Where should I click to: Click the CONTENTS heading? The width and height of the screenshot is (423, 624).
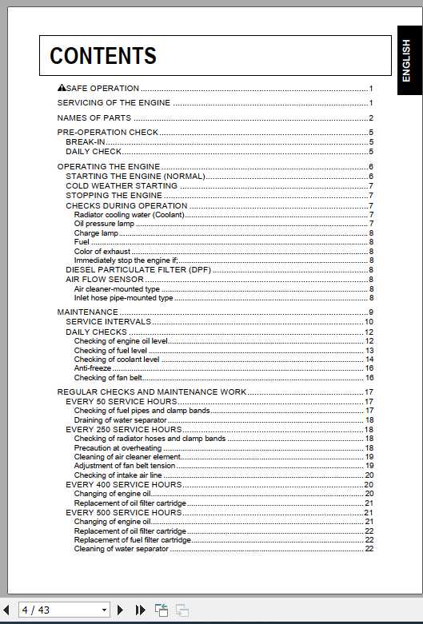coord(103,56)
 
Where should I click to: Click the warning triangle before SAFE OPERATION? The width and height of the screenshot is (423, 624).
coord(62,88)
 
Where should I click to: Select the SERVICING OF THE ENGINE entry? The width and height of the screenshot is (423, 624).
coord(114,103)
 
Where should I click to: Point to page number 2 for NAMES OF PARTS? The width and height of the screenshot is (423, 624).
coord(371,118)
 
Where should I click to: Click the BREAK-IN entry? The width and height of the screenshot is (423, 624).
coord(85,141)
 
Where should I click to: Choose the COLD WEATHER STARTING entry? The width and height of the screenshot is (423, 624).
coord(121,185)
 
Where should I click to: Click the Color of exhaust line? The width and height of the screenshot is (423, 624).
coord(102,251)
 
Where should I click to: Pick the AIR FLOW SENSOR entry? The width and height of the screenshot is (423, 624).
coord(104,280)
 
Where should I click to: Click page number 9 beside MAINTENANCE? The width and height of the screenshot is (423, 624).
coord(371,312)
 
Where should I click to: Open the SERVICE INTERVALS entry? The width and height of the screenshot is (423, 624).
coord(108,321)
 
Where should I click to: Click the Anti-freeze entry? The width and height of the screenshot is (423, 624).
coord(93,368)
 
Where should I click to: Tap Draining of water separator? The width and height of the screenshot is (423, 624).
coord(120,419)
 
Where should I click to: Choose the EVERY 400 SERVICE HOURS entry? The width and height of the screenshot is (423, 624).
coord(123,484)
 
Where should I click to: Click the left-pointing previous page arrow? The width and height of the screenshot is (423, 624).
coord(6,610)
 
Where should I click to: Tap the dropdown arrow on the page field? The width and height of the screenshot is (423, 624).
coord(104,610)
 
